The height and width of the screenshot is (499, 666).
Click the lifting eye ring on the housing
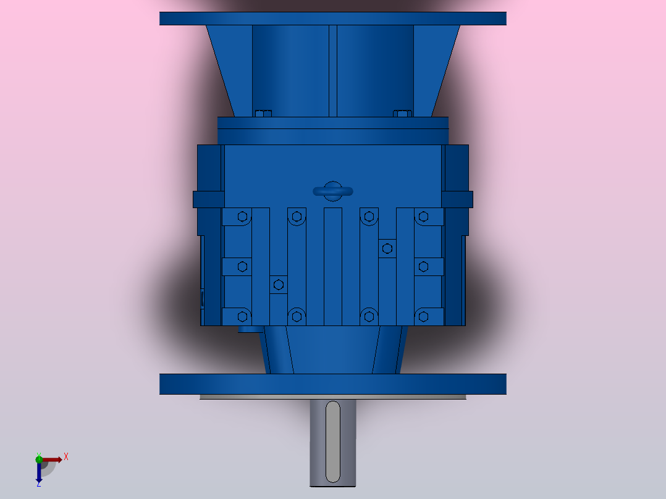tap(332, 191)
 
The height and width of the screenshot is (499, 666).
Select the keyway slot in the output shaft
tap(332, 441)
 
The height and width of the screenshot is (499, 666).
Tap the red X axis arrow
tap(54, 459)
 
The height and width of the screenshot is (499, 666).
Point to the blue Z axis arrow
tap(38, 473)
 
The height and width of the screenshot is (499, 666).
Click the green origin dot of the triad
tap(39, 458)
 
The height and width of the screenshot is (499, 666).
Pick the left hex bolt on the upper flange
tap(263, 113)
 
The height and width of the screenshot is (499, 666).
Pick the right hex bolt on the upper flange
tap(402, 113)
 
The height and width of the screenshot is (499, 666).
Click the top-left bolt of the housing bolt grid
tap(242, 216)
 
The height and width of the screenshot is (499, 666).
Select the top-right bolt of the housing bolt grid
tap(423, 216)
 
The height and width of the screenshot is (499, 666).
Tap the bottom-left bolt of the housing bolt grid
tap(242, 316)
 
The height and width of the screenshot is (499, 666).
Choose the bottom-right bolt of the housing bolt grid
tap(423, 316)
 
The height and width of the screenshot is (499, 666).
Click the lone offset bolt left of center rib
tap(278, 284)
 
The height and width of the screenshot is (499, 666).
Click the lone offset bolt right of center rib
tap(387, 248)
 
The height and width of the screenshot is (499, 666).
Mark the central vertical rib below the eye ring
tap(332, 266)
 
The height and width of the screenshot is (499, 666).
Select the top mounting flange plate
tap(332, 19)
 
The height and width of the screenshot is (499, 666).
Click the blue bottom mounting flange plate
tap(332, 384)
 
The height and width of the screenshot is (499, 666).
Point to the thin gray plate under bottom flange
tap(332, 397)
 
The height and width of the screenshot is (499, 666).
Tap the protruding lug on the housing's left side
tap(208, 199)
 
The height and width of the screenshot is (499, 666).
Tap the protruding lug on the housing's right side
tap(457, 199)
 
